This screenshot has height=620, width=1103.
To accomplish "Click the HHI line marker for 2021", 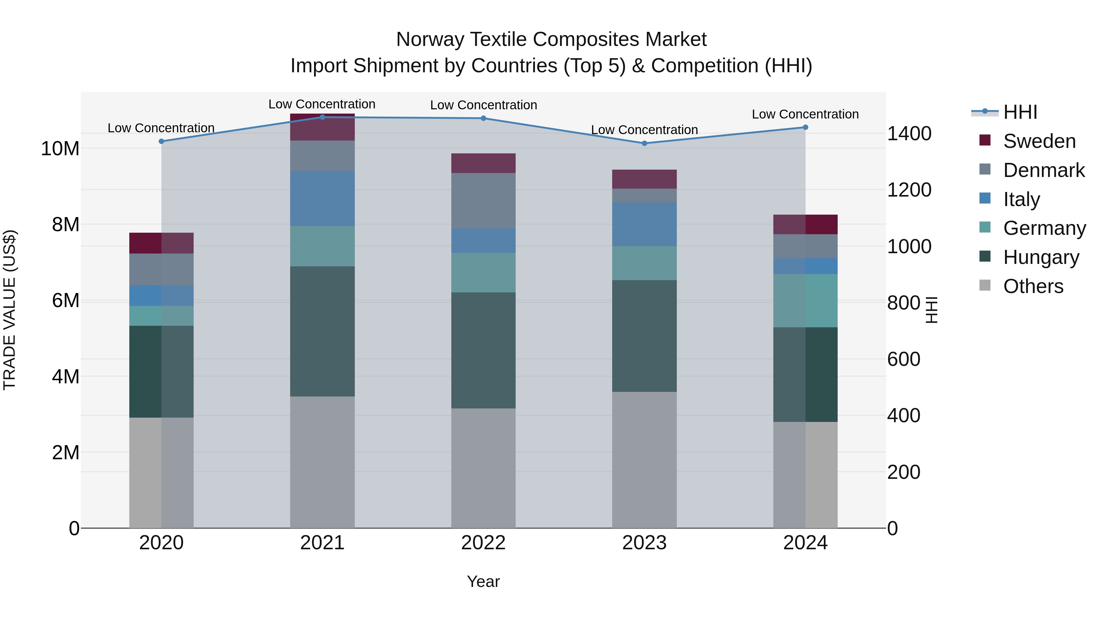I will point(322,117).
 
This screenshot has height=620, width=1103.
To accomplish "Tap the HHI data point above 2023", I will point(644,143).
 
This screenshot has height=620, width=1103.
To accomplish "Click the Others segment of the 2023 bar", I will point(644,460).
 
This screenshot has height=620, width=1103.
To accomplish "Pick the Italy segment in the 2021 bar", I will point(322,198).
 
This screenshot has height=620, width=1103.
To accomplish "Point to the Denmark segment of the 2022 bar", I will point(483,200).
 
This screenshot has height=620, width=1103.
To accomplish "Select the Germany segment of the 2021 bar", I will point(322,246).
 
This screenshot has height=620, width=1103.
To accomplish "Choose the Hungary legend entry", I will point(1041,257).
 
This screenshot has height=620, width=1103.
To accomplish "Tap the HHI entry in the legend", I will point(1020,112).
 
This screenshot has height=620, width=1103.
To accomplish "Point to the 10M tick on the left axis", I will point(60,148).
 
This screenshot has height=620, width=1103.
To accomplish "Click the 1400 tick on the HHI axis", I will point(909,133).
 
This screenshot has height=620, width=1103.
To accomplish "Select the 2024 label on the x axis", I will point(805,543).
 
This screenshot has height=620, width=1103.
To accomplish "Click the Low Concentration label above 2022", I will point(483,105).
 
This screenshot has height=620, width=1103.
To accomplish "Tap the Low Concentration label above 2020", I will point(161,128).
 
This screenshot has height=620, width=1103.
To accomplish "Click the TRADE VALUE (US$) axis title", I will point(9,310).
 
